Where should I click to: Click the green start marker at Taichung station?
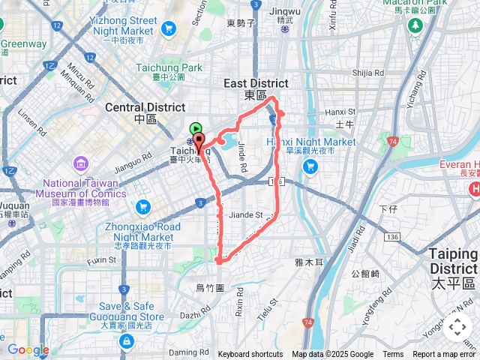[x=195, y=129]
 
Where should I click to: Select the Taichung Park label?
[x=169, y=67]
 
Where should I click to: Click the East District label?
[x=256, y=85]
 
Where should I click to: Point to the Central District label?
[x=145, y=107]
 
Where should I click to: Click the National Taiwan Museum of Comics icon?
[x=80, y=163]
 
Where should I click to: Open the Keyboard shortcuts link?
[x=250, y=355]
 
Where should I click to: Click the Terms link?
[x=393, y=355]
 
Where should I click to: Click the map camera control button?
[x=457, y=327]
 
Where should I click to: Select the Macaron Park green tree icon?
[x=415, y=25]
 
